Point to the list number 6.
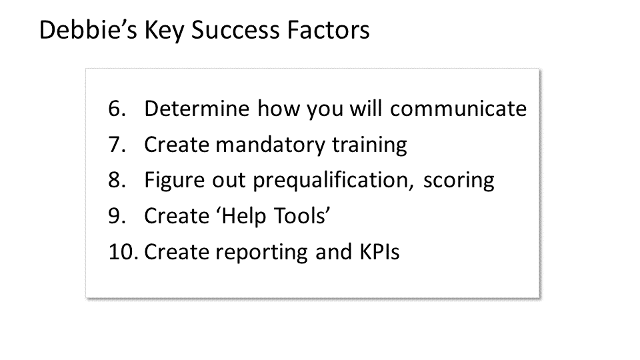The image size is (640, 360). point(117,109)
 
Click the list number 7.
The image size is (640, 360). point(117,145)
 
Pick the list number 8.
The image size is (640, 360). point(117,181)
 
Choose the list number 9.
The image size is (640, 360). point(117,217)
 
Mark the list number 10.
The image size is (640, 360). point(123,253)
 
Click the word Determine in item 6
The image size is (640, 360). point(197,109)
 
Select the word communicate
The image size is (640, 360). point(459,109)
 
